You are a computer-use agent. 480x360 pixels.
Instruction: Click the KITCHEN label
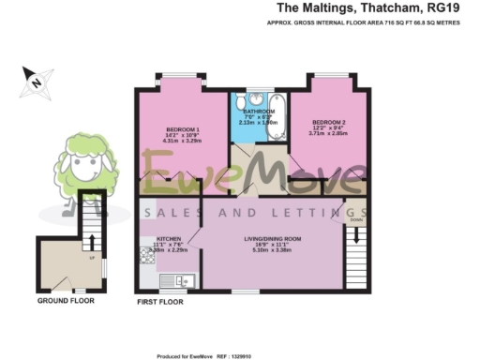pyautogui.click(x=169, y=239)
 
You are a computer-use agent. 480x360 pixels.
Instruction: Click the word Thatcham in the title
pyautogui.click(x=388, y=8)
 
